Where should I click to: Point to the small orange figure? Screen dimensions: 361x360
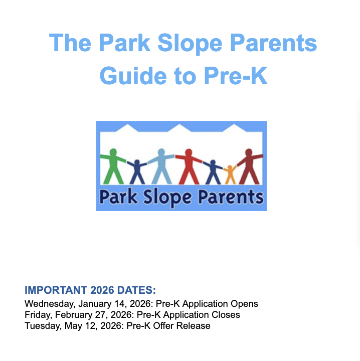coord(230,173)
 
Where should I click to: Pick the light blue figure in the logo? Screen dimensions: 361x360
coord(160,165)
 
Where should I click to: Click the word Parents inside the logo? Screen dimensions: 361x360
coord(231,196)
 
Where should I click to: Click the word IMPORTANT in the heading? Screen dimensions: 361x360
coord(56,290)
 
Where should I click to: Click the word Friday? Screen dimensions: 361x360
coord(37,315)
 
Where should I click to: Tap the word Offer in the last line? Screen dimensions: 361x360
coord(166,326)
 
